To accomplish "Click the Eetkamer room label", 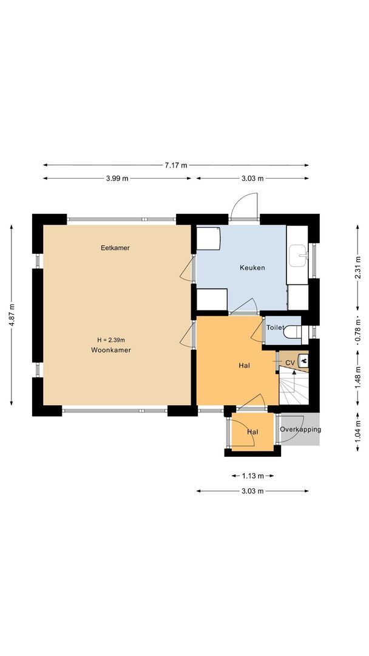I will [x=115, y=248].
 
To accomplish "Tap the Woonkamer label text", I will [x=112, y=350].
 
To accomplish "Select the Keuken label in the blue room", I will [x=252, y=268].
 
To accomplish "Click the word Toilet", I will [x=275, y=327].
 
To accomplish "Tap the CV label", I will [x=289, y=363].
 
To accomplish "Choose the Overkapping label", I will [x=300, y=430].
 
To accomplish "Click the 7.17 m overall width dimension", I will [x=175, y=165].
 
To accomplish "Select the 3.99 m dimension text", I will [x=117, y=179].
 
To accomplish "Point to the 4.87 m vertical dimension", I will [x=12, y=315].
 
